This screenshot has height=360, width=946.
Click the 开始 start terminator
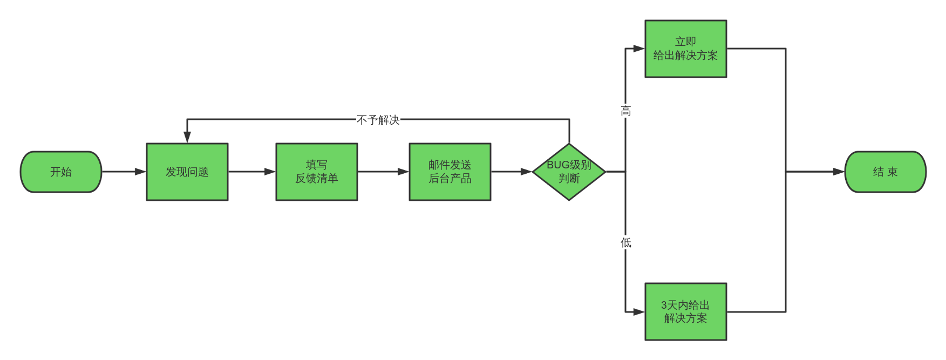pyautogui.click(x=61, y=172)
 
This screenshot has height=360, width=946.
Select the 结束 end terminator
pyautogui.click(x=885, y=172)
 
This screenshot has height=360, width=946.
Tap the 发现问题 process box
pyautogui.click(x=187, y=172)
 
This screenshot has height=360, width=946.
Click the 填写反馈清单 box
pyautogui.click(x=317, y=172)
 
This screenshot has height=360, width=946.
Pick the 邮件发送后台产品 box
pyautogui.click(x=450, y=172)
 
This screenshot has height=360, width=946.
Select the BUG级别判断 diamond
pyautogui.click(x=569, y=172)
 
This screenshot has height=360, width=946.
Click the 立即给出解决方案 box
pyautogui.click(x=685, y=49)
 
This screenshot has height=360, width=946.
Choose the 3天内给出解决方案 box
pyautogui.click(x=685, y=311)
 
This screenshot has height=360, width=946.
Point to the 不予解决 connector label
pyautogui.click(x=378, y=119)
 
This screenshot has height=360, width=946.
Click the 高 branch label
pyautogui.click(x=625, y=111)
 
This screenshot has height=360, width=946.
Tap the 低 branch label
pyautogui.click(x=625, y=242)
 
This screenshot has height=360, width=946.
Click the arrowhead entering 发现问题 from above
pyautogui.click(x=187, y=137)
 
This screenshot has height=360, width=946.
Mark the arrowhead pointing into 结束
pyautogui.click(x=839, y=172)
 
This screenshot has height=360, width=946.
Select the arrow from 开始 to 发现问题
pyautogui.click(x=124, y=172)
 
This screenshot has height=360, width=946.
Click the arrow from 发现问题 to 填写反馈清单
pyautogui.click(x=251, y=172)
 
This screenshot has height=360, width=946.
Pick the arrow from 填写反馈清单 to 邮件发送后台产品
pyautogui.click(x=383, y=172)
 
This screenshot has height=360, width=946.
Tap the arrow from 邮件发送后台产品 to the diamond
pyautogui.click(x=511, y=172)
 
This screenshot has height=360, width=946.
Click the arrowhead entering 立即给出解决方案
pyautogui.click(x=639, y=49)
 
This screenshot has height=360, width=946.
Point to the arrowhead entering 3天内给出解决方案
pyautogui.click(x=639, y=311)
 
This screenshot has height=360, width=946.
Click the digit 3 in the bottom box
pyautogui.click(x=664, y=305)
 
